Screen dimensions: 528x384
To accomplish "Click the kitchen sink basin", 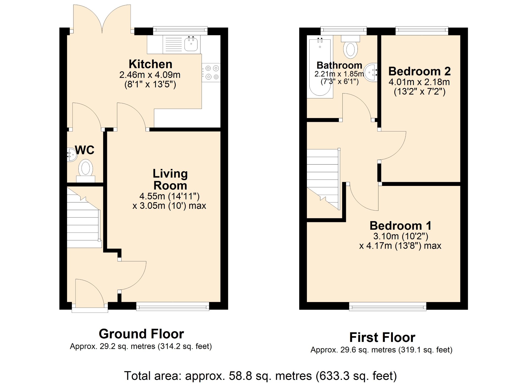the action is click(191, 44).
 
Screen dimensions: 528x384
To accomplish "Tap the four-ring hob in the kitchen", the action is click(211, 73).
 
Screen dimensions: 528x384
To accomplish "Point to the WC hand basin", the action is click(72, 155).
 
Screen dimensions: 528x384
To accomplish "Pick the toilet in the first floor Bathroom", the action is click(350, 47).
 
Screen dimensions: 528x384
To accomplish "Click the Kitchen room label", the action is click(150, 64).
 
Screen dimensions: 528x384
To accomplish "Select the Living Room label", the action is click(170, 179).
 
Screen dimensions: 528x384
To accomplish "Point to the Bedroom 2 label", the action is click(419, 71).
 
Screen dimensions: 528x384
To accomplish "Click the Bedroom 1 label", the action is click(400, 226).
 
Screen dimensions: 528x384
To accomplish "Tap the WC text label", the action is click(85, 150).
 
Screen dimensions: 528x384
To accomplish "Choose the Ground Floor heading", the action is click(141, 334).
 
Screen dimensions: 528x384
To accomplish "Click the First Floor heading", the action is click(382, 338).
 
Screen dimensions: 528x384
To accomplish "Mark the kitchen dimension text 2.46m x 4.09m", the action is click(150, 75).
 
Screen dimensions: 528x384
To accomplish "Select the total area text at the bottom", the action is click(260, 376).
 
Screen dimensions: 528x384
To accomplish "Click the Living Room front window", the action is click(173, 306).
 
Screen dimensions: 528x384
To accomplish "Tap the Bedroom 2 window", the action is click(422, 31).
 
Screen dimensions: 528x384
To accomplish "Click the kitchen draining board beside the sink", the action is click(173, 44).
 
